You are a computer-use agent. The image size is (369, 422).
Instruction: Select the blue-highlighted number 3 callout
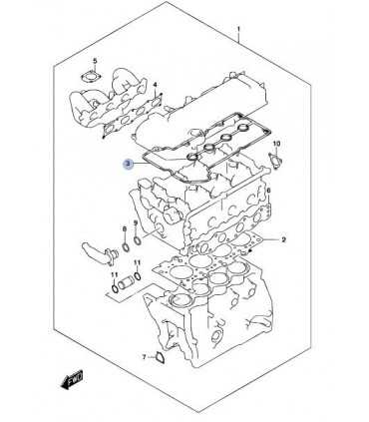click(x=128, y=164)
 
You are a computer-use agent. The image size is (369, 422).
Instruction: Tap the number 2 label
click(x=283, y=239)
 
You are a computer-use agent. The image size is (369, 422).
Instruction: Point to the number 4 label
click(x=155, y=86)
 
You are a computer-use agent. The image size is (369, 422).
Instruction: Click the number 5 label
click(x=95, y=61)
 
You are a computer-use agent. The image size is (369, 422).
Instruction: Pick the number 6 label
click(x=268, y=191)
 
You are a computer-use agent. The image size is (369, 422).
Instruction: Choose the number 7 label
click(x=144, y=357)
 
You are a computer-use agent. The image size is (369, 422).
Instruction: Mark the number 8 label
click(x=125, y=229)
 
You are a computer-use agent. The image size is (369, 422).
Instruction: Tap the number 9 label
click(x=136, y=222)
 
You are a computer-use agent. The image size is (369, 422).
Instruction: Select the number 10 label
click(x=277, y=144)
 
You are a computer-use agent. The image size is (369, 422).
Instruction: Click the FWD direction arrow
click(x=72, y=378)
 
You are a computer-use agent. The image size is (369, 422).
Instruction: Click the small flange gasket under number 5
click(x=90, y=77)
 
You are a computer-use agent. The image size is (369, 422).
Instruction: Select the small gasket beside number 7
click(x=162, y=358)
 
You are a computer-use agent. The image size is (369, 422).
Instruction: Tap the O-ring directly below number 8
click(x=126, y=247)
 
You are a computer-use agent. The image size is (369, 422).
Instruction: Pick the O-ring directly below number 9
click(x=138, y=240)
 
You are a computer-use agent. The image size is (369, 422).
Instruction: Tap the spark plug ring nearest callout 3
click(x=192, y=156)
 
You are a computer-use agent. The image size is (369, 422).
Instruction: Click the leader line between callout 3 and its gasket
click(x=139, y=164)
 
